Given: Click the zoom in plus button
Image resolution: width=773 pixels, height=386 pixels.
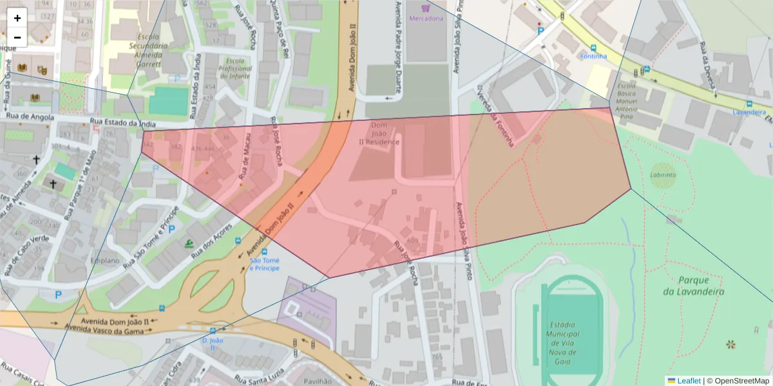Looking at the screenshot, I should (x=17, y=18).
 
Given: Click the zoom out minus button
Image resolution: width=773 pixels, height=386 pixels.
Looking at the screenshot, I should (x=17, y=37).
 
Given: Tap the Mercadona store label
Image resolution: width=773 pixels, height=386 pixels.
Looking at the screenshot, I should (x=426, y=18).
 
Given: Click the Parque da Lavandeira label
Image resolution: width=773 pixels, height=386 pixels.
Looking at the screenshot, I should (x=694, y=286).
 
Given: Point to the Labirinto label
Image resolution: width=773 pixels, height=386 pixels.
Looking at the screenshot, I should (x=663, y=174).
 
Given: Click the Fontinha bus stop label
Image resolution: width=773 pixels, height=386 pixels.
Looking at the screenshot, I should (x=593, y=56).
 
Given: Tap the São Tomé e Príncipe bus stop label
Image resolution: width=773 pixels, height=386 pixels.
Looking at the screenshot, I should (x=264, y=264).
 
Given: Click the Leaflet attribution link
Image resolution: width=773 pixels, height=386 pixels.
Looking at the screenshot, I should (x=689, y=381).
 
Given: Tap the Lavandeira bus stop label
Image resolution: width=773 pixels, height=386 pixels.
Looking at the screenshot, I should (x=752, y=112).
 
